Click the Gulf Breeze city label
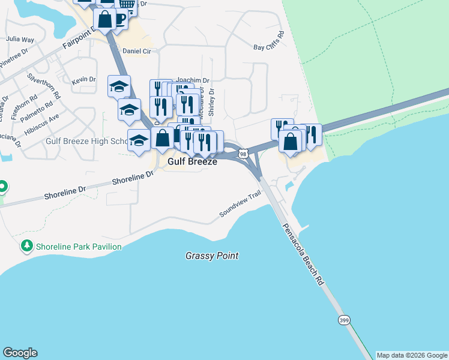pos(192,162)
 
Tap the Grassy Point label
pos(212,256)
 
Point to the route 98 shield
pos(243,154)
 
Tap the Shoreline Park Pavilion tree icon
pos(26,246)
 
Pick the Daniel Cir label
pos(136,51)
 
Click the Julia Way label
pos(20,39)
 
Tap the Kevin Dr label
pos(83,79)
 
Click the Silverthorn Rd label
pos(44,86)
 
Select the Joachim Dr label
pos(192,80)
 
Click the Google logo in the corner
pos(20,353)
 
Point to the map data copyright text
pos(412,355)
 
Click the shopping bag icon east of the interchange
pos(291,143)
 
